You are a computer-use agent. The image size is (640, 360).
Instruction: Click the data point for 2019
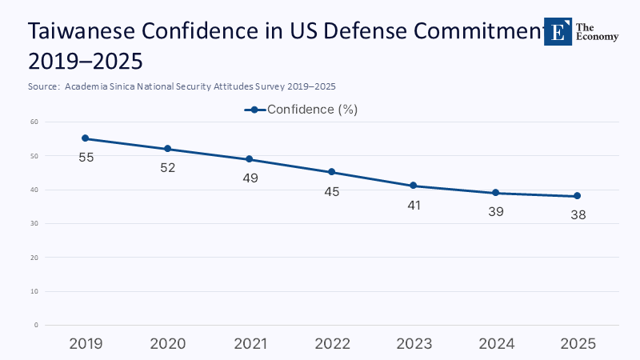pos(86,138)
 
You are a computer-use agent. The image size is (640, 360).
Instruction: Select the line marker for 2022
pos(332,172)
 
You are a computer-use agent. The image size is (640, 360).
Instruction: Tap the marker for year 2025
pos(577,196)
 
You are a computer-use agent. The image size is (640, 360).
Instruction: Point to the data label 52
pos(168,168)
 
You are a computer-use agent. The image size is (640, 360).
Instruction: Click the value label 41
pos(414,205)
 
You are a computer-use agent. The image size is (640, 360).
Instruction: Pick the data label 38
pos(578,214)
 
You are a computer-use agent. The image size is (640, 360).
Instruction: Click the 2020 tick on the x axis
pos(168,344)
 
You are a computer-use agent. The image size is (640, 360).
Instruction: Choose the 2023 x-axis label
pos(414,344)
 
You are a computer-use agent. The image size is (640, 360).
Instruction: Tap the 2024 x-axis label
pos(496,344)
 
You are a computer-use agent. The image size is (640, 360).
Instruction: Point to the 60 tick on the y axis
pos(35,122)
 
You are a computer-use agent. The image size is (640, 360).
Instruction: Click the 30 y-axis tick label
pos(35,224)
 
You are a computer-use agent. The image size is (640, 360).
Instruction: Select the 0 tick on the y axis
pos(37,326)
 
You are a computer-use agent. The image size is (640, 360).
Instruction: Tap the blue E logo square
pos(558,31)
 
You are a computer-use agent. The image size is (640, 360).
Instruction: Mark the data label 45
pos(332,191)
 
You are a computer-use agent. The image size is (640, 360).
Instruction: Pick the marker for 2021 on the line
pos(250,159)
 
